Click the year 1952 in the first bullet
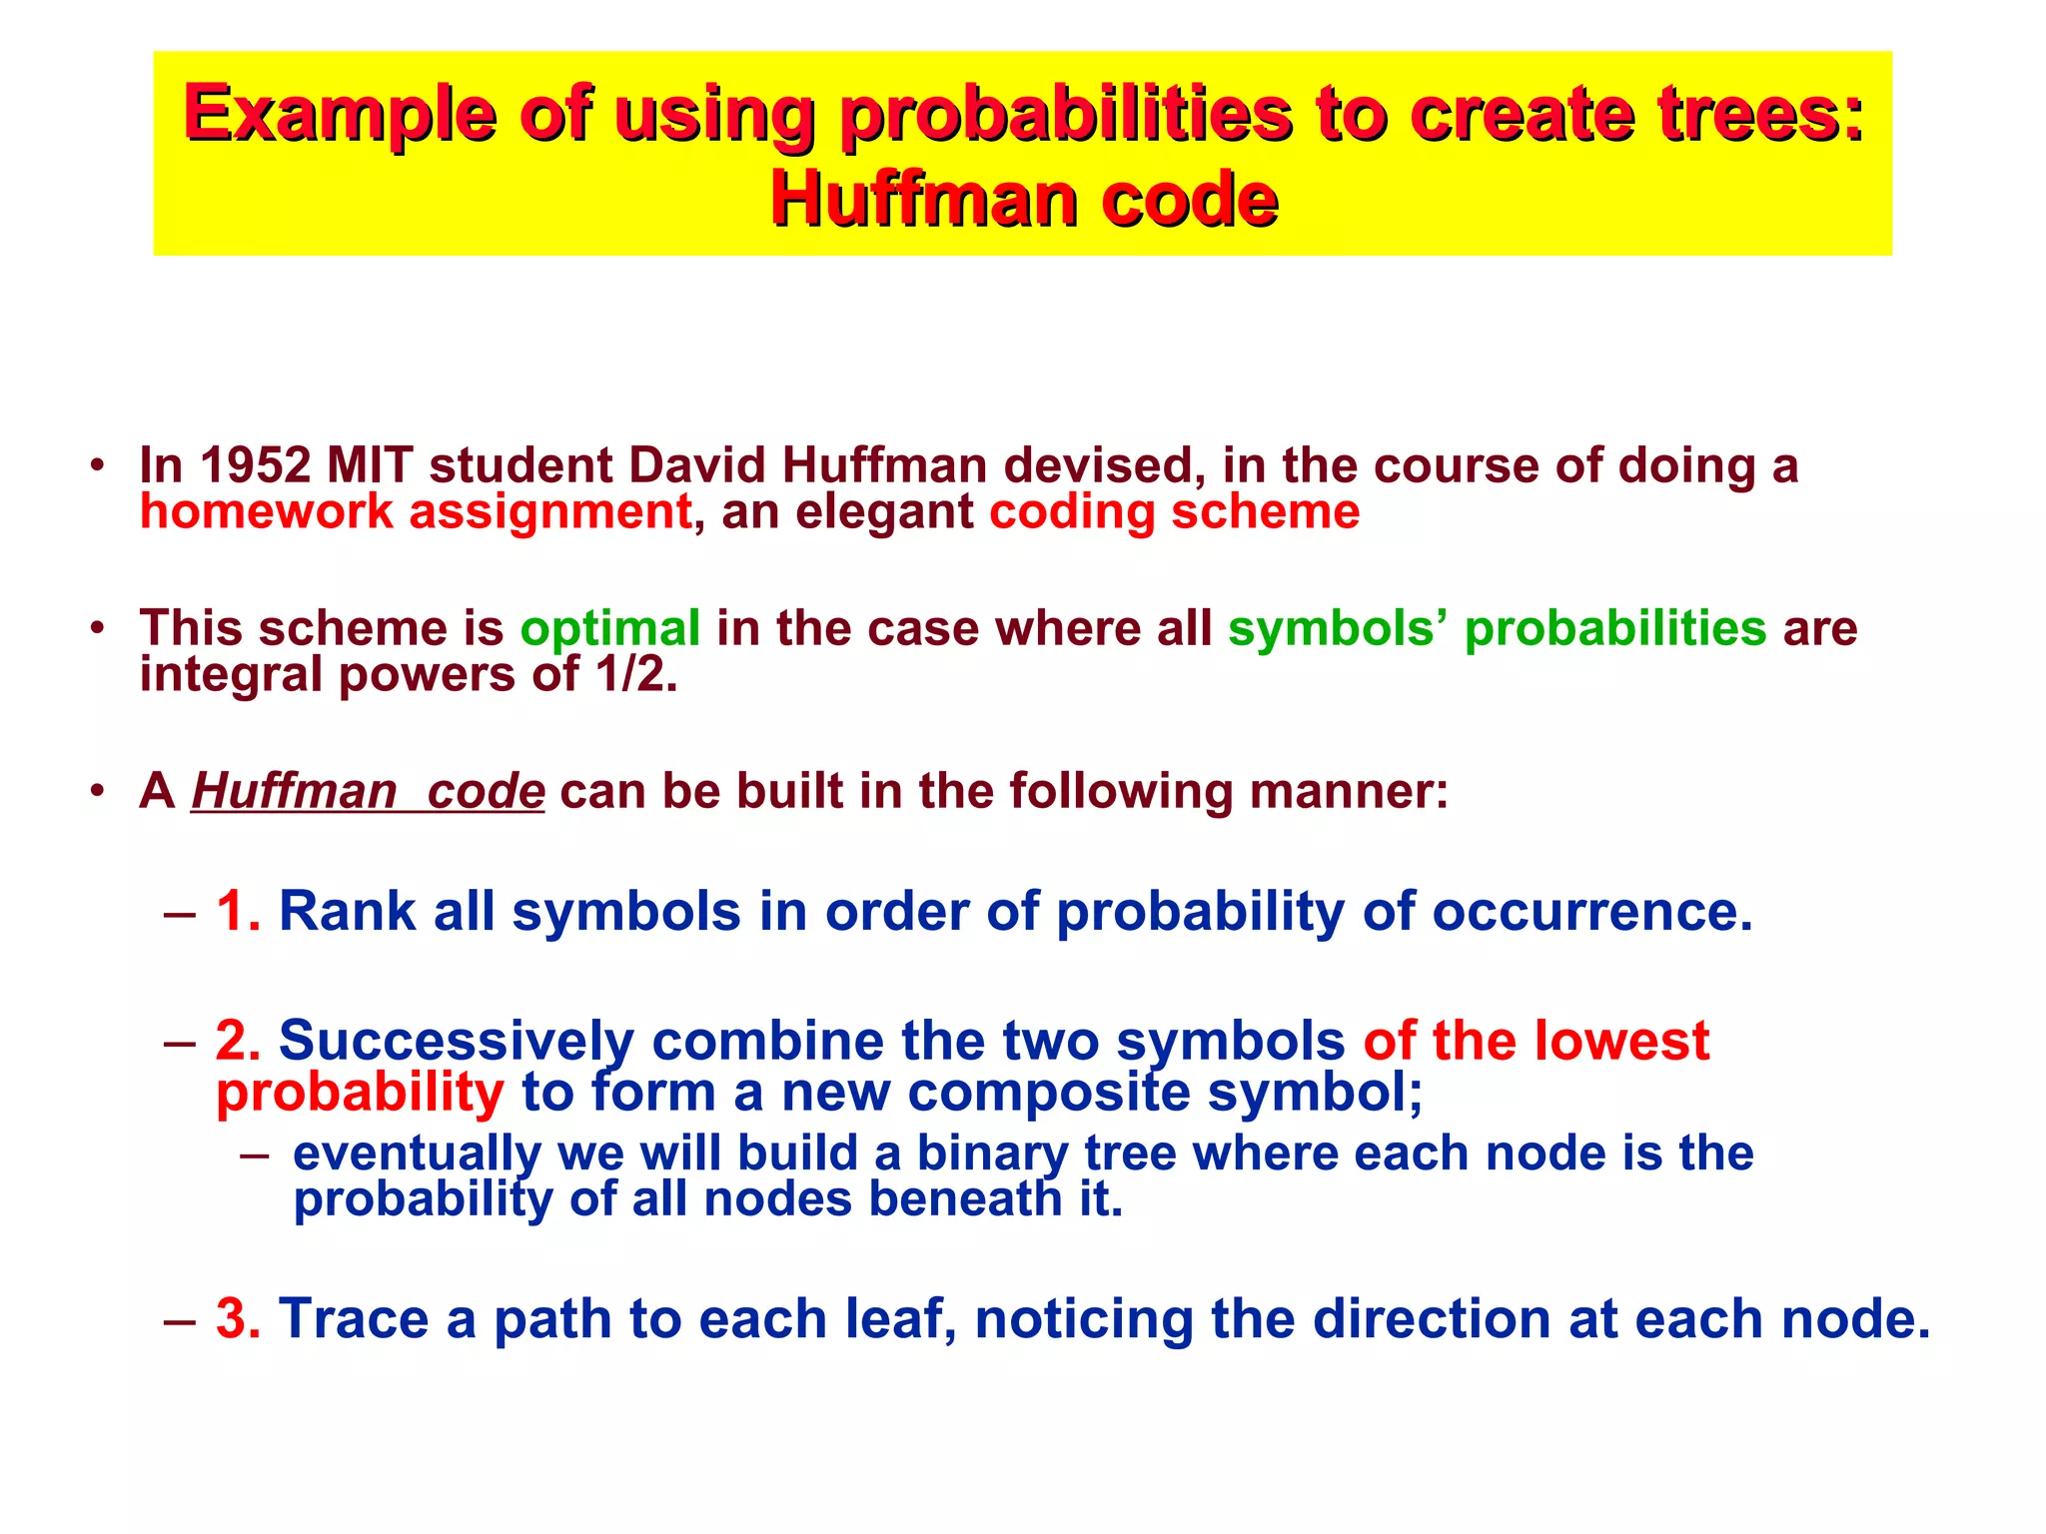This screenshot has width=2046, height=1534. click(x=256, y=465)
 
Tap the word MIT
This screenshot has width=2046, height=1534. click(x=371, y=465)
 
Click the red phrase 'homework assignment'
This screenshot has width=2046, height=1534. click(x=416, y=512)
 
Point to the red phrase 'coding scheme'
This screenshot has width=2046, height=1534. click(x=1174, y=512)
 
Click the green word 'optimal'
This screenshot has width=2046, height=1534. click(x=609, y=629)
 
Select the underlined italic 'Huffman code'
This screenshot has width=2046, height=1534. click(x=368, y=792)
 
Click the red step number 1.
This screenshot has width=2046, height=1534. click(x=238, y=912)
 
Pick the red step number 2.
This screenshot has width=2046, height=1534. click(x=238, y=1041)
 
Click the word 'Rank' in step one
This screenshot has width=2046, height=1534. click(x=347, y=912)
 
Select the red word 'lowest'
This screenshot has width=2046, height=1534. click(x=1621, y=1041)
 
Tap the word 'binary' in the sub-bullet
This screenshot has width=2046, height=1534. click(x=992, y=1153)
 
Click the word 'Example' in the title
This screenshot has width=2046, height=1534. click(x=340, y=115)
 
